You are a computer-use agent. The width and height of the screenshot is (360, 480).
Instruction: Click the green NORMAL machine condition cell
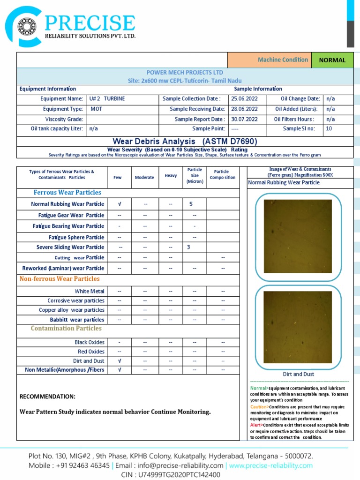[x=332, y=60]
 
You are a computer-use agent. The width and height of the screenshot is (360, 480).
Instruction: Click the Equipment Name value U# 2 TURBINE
[x=107, y=99]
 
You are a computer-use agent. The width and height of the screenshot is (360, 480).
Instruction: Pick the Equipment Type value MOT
[x=97, y=109]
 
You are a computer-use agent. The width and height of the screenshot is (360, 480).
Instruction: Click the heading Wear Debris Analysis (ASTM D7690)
[x=185, y=141]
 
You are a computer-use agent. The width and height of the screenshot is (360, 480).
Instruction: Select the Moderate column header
[x=144, y=177]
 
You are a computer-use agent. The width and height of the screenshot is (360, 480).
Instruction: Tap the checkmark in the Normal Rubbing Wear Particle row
[x=120, y=204]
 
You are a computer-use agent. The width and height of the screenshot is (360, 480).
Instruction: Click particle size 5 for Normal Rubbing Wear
[x=191, y=204]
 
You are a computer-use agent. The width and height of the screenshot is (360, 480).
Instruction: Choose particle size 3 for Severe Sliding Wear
[x=188, y=247]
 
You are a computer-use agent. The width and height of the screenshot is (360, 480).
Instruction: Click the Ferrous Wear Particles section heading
[x=67, y=193]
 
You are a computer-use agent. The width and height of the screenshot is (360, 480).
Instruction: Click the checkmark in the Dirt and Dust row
[x=120, y=361]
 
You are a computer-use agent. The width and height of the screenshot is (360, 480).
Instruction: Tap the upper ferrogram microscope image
[x=298, y=236]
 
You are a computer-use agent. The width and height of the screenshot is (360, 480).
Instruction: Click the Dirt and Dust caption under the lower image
[x=299, y=374]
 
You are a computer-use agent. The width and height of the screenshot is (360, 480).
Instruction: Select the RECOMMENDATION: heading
[x=47, y=397]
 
